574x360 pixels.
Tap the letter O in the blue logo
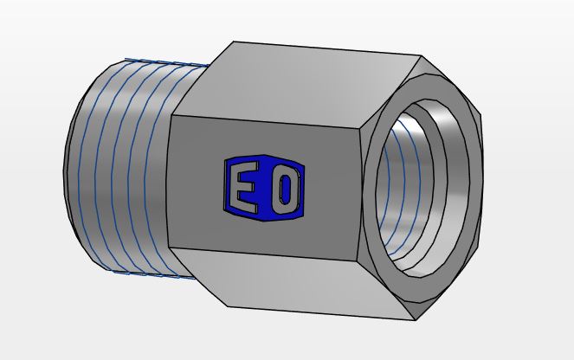284,190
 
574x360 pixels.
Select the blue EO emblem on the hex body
265,188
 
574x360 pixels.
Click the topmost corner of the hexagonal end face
422,57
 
